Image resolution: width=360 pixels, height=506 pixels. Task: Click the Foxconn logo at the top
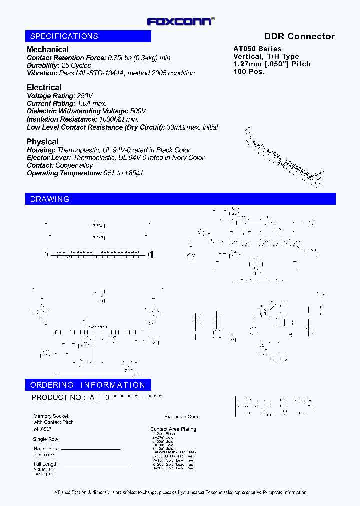coord(181,21)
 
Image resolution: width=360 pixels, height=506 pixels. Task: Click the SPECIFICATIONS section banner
coord(88,36)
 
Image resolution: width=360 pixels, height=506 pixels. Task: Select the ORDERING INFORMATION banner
coord(88,385)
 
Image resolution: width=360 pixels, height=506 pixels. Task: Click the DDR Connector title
coord(299,36)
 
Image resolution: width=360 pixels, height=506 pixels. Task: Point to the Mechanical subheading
coord(48,49)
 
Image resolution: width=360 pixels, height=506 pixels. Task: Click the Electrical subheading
coord(44,87)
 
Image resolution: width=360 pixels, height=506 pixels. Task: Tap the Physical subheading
coord(42,142)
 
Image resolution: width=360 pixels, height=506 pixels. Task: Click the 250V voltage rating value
coord(85,96)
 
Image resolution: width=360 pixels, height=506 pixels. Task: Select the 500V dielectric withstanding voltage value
coord(138,111)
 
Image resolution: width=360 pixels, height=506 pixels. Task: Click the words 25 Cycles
coord(76,65)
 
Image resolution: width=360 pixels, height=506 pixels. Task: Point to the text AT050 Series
coord(257,49)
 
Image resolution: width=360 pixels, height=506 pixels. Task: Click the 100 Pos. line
coord(249,71)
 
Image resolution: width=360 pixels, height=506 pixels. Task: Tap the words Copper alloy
coord(74,165)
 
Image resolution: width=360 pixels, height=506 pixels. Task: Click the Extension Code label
coord(182,416)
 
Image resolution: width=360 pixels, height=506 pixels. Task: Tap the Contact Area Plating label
coord(173,429)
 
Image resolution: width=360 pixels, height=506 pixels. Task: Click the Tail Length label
coord(46,464)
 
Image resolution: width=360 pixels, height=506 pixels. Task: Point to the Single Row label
coord(46,439)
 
